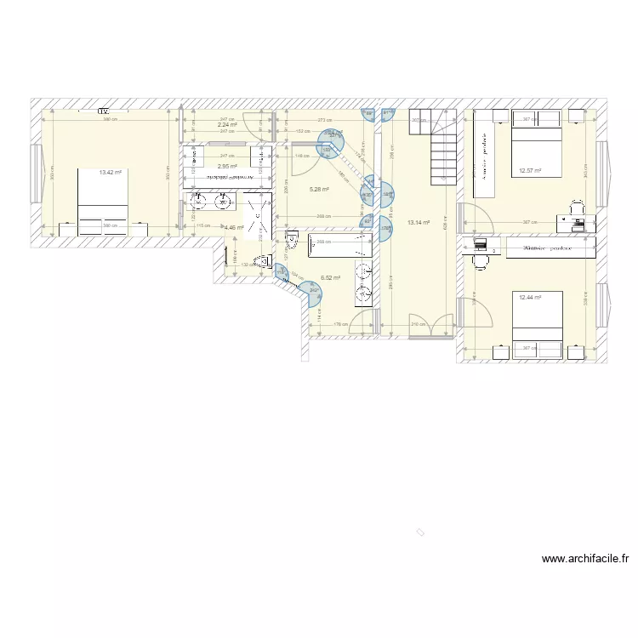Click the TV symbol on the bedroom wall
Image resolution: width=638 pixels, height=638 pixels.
pyautogui.click(x=103, y=111)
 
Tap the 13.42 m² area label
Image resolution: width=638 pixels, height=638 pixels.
pyautogui.click(x=111, y=173)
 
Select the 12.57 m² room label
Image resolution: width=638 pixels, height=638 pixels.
pyautogui.click(x=530, y=170)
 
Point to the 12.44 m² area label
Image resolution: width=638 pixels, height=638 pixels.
pyautogui.click(x=530, y=297)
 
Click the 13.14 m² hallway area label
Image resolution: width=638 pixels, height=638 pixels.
pyautogui.click(x=419, y=223)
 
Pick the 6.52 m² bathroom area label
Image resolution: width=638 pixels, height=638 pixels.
pyautogui.click(x=330, y=277)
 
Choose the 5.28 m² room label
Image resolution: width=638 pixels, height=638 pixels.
pyautogui.click(x=319, y=189)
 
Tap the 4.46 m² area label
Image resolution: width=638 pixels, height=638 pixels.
pyautogui.click(x=234, y=228)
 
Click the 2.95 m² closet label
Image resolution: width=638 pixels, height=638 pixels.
pyautogui.click(x=226, y=166)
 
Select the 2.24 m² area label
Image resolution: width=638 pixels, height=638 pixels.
pyautogui.click(x=226, y=124)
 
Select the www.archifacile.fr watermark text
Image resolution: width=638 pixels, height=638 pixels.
pyautogui.click(x=586, y=559)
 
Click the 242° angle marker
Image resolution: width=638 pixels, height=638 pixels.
pyautogui.click(x=314, y=290)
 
